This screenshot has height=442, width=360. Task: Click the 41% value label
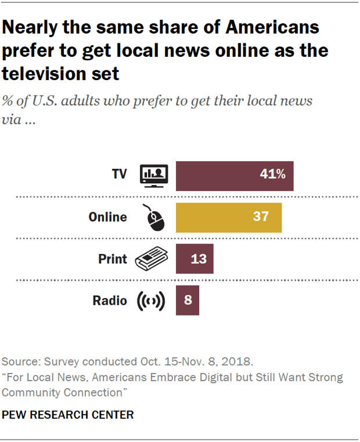(x=272, y=174)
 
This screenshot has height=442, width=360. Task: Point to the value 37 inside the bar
(x=261, y=217)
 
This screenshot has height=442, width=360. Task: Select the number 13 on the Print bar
(x=199, y=259)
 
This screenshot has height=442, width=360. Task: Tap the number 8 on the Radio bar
(x=188, y=300)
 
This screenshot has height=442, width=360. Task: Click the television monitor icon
(x=154, y=175)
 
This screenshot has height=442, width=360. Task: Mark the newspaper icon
(x=150, y=259)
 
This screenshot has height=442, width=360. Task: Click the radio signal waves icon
(x=150, y=301)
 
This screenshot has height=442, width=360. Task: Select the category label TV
(x=120, y=175)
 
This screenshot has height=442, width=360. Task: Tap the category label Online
(x=107, y=217)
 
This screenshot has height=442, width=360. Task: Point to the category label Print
(x=113, y=259)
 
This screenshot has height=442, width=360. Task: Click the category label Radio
(x=110, y=300)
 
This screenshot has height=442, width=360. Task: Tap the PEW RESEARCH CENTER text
(x=68, y=415)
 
